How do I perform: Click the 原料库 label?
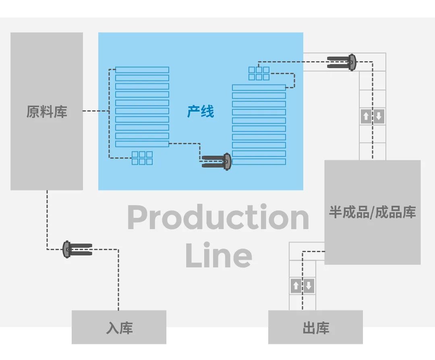click(x=47, y=112)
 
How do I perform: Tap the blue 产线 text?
click(x=200, y=112)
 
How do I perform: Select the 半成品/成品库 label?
click(x=372, y=212)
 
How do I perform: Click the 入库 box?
click(x=119, y=327)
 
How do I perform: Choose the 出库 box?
click(x=315, y=327)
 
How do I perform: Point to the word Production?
click(x=218, y=217)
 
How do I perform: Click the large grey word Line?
click(x=219, y=256)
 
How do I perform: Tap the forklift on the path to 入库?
click(x=77, y=249)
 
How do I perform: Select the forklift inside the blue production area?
click(x=217, y=161)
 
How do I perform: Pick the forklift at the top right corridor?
click(x=342, y=62)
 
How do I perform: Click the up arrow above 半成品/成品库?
click(x=366, y=117)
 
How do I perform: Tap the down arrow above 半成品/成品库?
click(x=379, y=117)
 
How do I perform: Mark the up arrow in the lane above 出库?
click(x=296, y=286)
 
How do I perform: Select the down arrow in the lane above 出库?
click(x=309, y=286)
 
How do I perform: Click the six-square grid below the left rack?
click(x=142, y=158)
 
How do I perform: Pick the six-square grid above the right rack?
click(x=259, y=73)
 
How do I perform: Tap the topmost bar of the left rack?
click(x=142, y=70)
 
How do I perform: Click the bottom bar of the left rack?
click(x=142, y=144)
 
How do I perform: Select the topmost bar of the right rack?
click(x=259, y=87)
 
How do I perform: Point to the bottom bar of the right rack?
click(x=259, y=162)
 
